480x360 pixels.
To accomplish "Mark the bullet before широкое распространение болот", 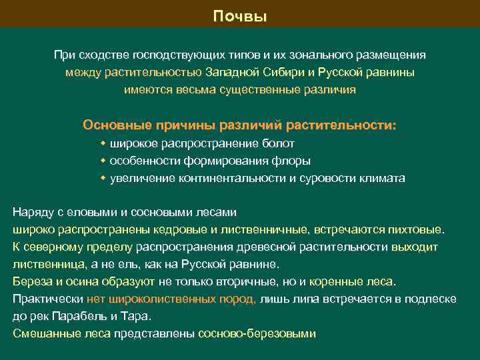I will [x=103, y=143].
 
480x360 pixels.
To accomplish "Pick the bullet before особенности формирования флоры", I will [x=103, y=161].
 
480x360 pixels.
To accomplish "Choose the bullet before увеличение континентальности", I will [x=103, y=178].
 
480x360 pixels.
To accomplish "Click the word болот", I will [x=279, y=143].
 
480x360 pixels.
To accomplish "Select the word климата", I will [x=382, y=178].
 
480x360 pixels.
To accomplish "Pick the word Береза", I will [x=31, y=282].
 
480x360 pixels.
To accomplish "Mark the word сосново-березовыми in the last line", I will [x=257, y=334].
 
